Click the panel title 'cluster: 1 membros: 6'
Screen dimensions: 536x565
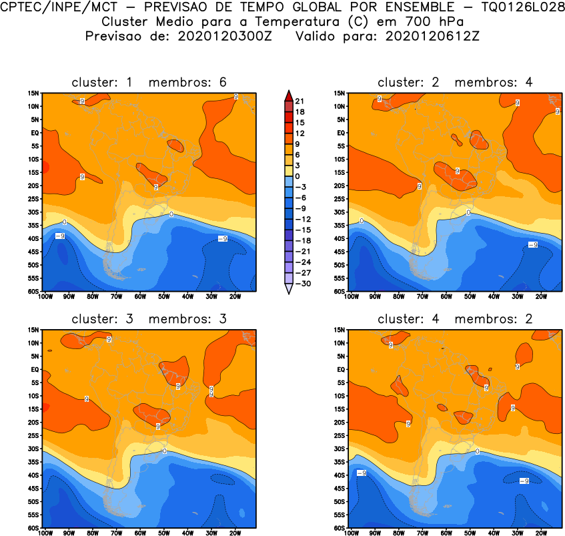point(149,82)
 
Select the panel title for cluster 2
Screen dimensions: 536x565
point(455,82)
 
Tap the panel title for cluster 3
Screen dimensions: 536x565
point(149,319)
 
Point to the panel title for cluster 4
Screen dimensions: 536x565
point(455,319)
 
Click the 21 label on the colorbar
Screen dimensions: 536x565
point(300,100)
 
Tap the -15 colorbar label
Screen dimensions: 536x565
point(302,229)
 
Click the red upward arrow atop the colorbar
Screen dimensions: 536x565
point(288,94)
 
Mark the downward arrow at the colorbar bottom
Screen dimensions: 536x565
point(288,289)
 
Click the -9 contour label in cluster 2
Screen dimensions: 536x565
point(532,245)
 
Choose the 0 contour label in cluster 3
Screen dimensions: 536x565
point(164,451)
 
